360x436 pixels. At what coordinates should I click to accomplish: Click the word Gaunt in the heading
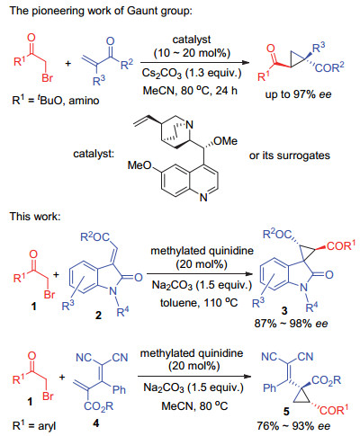tap(140, 11)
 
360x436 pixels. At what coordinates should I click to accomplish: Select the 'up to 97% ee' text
tap(298, 94)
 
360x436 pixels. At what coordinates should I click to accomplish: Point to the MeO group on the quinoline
tap(139, 165)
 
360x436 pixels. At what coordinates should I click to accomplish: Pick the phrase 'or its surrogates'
tap(290, 156)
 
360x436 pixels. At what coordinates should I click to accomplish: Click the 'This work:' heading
tap(35, 216)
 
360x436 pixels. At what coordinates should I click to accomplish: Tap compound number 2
tap(98, 315)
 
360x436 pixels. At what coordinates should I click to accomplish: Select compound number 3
tap(284, 311)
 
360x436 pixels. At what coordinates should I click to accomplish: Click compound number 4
tap(96, 423)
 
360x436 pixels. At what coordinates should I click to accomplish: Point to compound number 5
tap(286, 411)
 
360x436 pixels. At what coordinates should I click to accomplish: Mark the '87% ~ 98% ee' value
tap(291, 324)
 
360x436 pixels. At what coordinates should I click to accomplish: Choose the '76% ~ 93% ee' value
tap(293, 426)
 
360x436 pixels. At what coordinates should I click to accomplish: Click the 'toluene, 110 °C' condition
tap(199, 303)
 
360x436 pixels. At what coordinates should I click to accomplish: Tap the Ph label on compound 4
tap(119, 389)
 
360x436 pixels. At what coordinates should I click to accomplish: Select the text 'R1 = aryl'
tap(34, 425)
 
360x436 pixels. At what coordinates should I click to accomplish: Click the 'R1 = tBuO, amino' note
tap(56, 100)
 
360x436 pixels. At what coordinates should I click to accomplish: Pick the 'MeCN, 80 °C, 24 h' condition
tap(190, 91)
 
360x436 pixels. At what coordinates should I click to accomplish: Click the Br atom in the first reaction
tap(48, 78)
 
